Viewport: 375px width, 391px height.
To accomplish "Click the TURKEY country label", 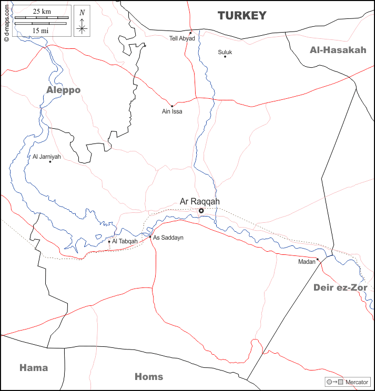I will click(242, 16).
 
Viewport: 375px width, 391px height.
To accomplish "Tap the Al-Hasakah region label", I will click(338, 50).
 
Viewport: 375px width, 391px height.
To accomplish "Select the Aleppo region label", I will click(63, 90).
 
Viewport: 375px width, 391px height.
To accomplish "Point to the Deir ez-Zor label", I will click(340, 287).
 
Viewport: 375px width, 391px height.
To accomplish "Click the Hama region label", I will click(34, 367).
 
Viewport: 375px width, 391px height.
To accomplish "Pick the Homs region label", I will click(149, 376).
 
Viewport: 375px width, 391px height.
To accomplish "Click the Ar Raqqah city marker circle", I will click(201, 211).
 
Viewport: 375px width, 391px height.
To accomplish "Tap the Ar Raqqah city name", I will click(200, 201).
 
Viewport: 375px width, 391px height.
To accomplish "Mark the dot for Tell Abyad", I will click(191, 33).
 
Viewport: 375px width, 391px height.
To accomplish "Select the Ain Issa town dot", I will click(172, 106).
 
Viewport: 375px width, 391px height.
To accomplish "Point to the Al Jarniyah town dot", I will click(50, 161).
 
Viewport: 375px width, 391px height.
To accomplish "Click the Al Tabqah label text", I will click(125, 241).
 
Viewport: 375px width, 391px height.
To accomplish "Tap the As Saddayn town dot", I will click(150, 236).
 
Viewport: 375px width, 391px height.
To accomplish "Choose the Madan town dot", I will click(318, 259).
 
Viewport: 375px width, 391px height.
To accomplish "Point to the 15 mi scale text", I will click(40, 30).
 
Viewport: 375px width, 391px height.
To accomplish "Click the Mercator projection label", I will click(357, 382).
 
